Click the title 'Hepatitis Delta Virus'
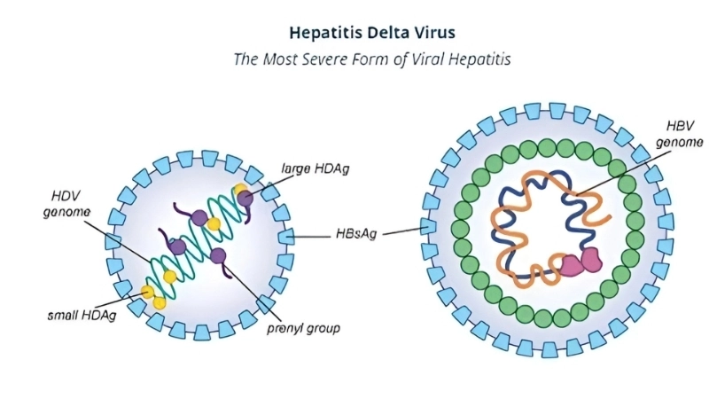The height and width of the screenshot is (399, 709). coord(372,33)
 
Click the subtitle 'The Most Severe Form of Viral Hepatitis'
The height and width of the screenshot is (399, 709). coord(372,60)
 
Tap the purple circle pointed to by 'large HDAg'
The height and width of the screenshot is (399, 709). coord(244,200)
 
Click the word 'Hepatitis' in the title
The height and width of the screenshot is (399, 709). coord(323,33)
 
